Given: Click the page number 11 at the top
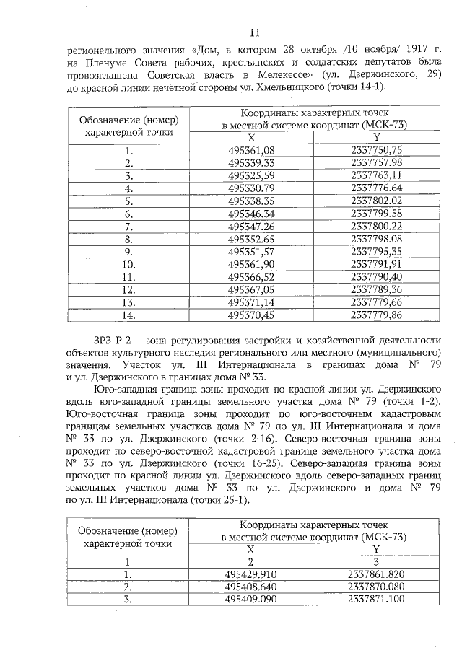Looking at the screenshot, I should click(253, 32).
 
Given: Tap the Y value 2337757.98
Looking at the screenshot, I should click(375, 163).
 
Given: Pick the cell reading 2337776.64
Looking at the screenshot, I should click(375, 188).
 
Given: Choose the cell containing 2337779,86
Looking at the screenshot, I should click(375, 315).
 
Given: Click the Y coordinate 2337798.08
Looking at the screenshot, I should click(375, 239).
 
